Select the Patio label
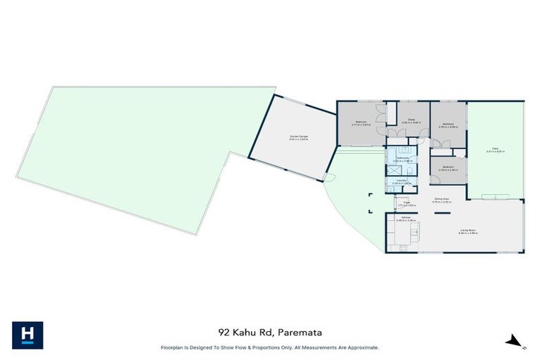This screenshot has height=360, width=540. click(x=495, y=149)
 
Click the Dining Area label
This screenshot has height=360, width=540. click(x=442, y=200)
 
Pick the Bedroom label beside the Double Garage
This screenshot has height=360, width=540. click(x=361, y=122)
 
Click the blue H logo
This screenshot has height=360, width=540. click(x=27, y=335)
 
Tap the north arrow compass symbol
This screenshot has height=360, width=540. click(x=515, y=341)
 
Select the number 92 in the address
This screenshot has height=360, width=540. click(x=223, y=332)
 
